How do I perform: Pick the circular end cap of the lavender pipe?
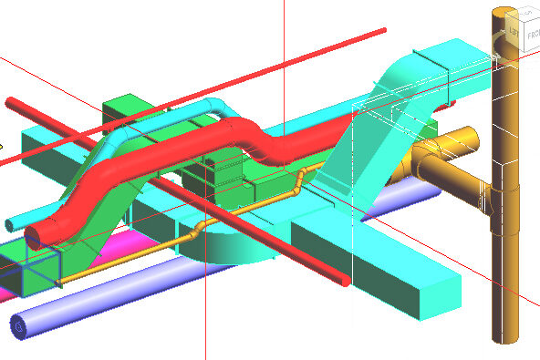pos(17,324)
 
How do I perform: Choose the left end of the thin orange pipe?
pos(60,282)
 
